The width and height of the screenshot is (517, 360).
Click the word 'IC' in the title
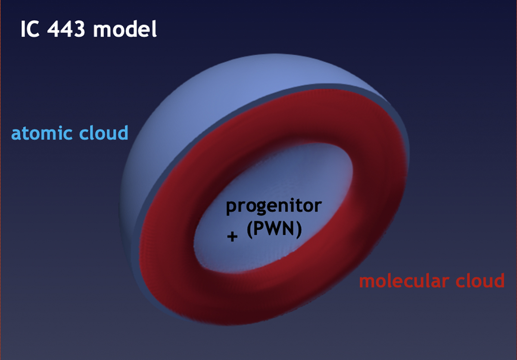click(x=30, y=29)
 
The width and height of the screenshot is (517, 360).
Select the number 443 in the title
click(x=66, y=29)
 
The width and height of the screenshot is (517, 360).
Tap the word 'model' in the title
click(x=125, y=28)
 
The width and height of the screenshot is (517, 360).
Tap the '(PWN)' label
click(x=274, y=229)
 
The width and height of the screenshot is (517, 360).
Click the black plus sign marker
click(x=232, y=237)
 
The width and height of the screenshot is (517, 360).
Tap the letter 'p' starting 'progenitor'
click(x=231, y=208)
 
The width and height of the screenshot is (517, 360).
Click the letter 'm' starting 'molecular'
click(x=369, y=282)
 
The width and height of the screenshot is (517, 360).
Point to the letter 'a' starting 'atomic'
click(x=16, y=135)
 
